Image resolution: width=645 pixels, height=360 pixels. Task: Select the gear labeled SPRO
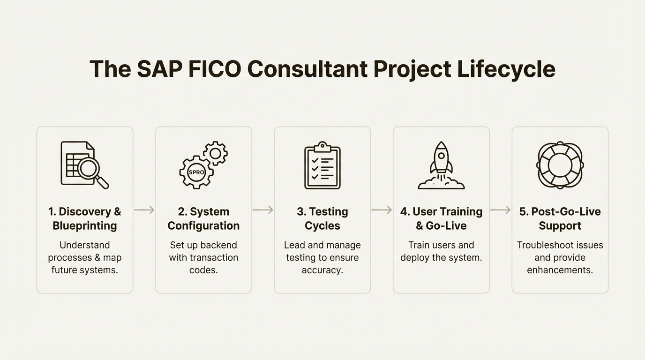click(196, 172)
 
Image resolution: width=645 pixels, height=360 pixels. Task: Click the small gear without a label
click(215, 153)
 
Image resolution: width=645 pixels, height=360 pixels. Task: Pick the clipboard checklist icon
click(322, 165)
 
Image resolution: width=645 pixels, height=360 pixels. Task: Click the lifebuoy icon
click(560, 165)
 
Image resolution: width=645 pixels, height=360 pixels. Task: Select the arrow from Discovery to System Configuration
click(144, 210)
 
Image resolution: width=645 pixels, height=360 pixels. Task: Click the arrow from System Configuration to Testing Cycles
click(263, 210)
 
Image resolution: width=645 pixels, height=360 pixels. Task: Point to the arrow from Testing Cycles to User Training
click(382, 210)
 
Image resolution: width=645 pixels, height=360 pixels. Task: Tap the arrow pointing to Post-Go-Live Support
click(500, 210)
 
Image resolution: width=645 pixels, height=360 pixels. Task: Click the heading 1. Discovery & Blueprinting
click(85, 218)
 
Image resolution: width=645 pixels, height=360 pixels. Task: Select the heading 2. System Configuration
click(203, 218)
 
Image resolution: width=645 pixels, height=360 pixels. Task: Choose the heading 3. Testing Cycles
click(322, 218)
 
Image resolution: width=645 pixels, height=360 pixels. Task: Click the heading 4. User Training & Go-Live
click(441, 218)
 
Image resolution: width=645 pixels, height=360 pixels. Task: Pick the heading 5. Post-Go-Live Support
click(560, 218)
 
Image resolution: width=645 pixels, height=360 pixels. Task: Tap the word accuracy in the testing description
click(322, 270)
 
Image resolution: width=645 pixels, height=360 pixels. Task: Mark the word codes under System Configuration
click(203, 270)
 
